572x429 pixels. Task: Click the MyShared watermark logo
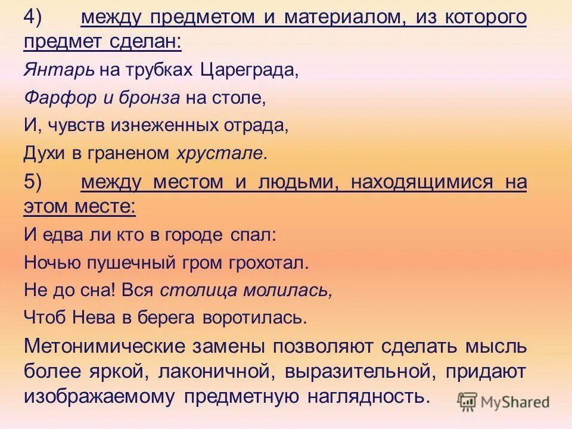[504, 402]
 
